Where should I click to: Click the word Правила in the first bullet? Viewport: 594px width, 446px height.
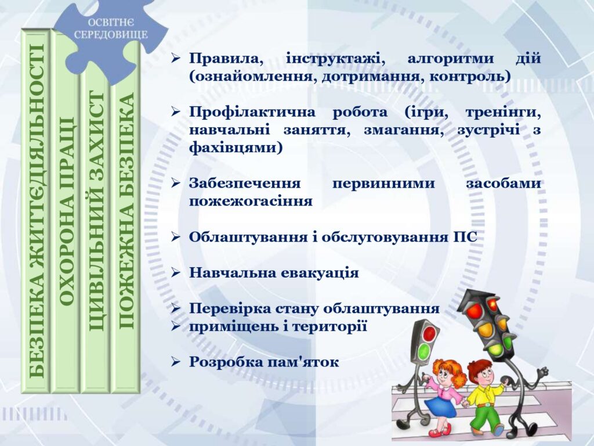tap(226, 59)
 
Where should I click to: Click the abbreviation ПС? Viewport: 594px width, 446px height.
tap(465, 238)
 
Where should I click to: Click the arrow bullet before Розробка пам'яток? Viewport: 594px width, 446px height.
tap(175, 362)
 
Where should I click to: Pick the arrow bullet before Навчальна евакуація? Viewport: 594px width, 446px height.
tap(175, 273)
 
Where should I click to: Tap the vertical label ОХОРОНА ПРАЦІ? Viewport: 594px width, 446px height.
tap(67, 211)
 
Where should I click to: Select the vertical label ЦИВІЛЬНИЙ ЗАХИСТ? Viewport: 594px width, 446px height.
tap(97, 211)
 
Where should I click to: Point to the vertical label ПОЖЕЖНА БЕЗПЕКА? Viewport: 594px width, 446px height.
tap(126, 211)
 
